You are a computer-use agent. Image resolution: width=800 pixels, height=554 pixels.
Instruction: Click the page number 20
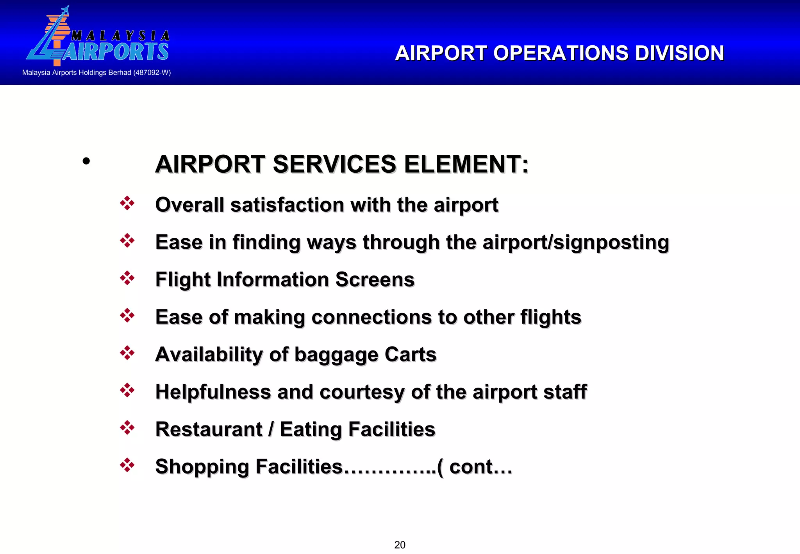pyautogui.click(x=400, y=545)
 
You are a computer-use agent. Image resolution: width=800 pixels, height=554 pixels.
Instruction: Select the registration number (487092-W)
pyautogui.click(x=152, y=73)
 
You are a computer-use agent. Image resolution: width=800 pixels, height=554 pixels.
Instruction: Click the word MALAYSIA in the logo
pyautogui.click(x=120, y=36)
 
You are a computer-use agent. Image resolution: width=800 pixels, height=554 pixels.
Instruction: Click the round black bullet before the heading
pyautogui.click(x=86, y=161)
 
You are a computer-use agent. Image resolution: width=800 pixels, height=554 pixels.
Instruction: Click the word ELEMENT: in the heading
pyautogui.click(x=466, y=164)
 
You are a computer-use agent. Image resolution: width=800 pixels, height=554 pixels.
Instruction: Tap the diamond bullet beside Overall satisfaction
pyautogui.click(x=127, y=203)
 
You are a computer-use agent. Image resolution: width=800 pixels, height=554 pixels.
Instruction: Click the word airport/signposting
pyautogui.click(x=576, y=242)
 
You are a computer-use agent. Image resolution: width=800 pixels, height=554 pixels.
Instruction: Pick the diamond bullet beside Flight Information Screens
pyautogui.click(x=127, y=278)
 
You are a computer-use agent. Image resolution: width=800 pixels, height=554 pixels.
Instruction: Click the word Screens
pyautogui.click(x=375, y=280)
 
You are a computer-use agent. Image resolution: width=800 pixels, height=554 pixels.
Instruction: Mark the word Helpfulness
pyautogui.click(x=213, y=392)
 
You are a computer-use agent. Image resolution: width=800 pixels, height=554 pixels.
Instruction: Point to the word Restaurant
pyautogui.click(x=209, y=429)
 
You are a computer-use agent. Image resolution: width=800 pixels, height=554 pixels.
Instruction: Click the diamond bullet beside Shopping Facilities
pyautogui.click(x=127, y=465)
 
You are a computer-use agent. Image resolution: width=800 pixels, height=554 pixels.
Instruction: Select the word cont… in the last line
pyautogui.click(x=480, y=467)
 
